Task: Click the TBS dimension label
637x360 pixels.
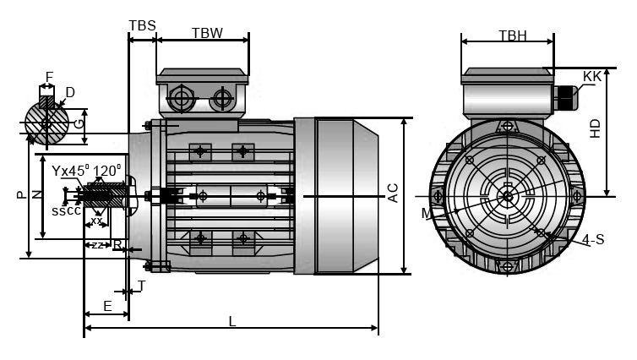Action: point(142,25)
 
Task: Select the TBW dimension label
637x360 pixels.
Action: point(207,33)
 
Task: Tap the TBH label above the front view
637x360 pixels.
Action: point(513,35)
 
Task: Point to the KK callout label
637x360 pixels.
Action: point(592,76)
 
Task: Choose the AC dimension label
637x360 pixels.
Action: point(393,194)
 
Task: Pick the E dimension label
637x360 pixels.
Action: point(107,305)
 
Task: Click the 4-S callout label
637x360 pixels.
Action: point(593,240)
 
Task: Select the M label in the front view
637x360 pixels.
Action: point(427,214)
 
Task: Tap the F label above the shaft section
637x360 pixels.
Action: point(49,78)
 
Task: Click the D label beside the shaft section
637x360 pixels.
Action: point(70,92)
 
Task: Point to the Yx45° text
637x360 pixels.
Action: point(69,171)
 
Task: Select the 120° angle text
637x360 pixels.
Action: point(107,171)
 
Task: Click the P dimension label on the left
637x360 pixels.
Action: point(21,194)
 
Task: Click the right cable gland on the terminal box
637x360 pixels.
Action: point(222,99)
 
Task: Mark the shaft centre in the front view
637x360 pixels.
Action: point(507,197)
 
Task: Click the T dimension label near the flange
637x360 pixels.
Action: point(142,286)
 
